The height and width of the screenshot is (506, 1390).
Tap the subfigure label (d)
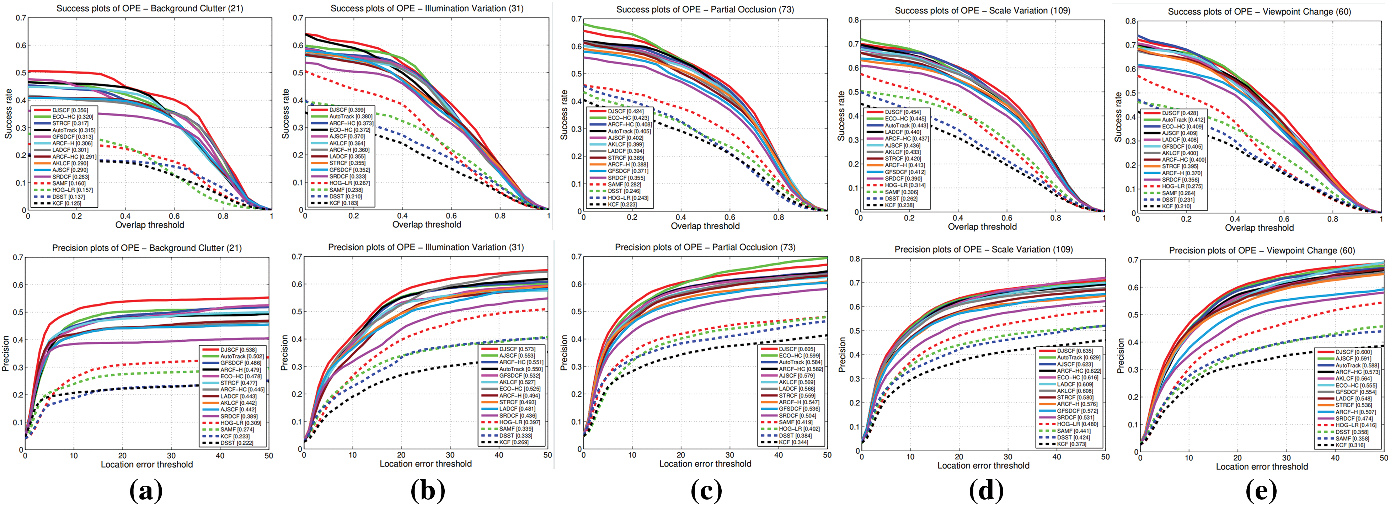tap(986, 490)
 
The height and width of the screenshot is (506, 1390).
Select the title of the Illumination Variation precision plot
tap(426, 247)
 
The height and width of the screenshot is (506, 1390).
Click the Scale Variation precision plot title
tap(983, 249)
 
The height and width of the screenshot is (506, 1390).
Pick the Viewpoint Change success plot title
tap(1260, 11)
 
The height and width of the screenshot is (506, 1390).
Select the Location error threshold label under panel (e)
tap(1262, 466)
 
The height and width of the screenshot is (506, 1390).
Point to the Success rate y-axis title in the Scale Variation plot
tap(841, 116)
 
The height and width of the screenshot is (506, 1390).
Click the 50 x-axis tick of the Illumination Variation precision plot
tap(548, 455)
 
